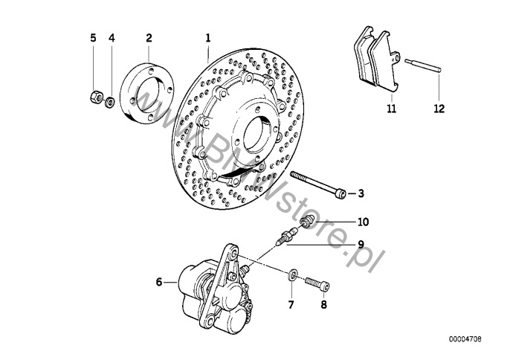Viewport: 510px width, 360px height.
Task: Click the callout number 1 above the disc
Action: coord(209,37)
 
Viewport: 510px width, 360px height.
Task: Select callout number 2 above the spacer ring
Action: coord(149,37)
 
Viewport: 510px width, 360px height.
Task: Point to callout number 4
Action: coord(112,37)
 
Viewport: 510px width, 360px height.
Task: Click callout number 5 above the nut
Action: coord(93,37)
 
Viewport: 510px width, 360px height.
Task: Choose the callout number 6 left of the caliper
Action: coord(159,282)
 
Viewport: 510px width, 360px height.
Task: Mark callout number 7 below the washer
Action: coord(291,304)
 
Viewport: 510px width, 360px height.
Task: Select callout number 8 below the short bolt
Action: coord(323,304)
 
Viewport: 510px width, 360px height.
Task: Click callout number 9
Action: coord(360,244)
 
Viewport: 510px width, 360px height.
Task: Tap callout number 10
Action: coord(362,222)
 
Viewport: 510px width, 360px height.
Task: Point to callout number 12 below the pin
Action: coord(439,109)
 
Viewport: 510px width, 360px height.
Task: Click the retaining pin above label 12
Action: coord(426,65)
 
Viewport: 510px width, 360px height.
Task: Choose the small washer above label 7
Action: coord(293,277)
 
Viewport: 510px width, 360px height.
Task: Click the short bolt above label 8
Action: coord(317,283)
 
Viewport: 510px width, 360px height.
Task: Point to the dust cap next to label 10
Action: coord(307,221)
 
